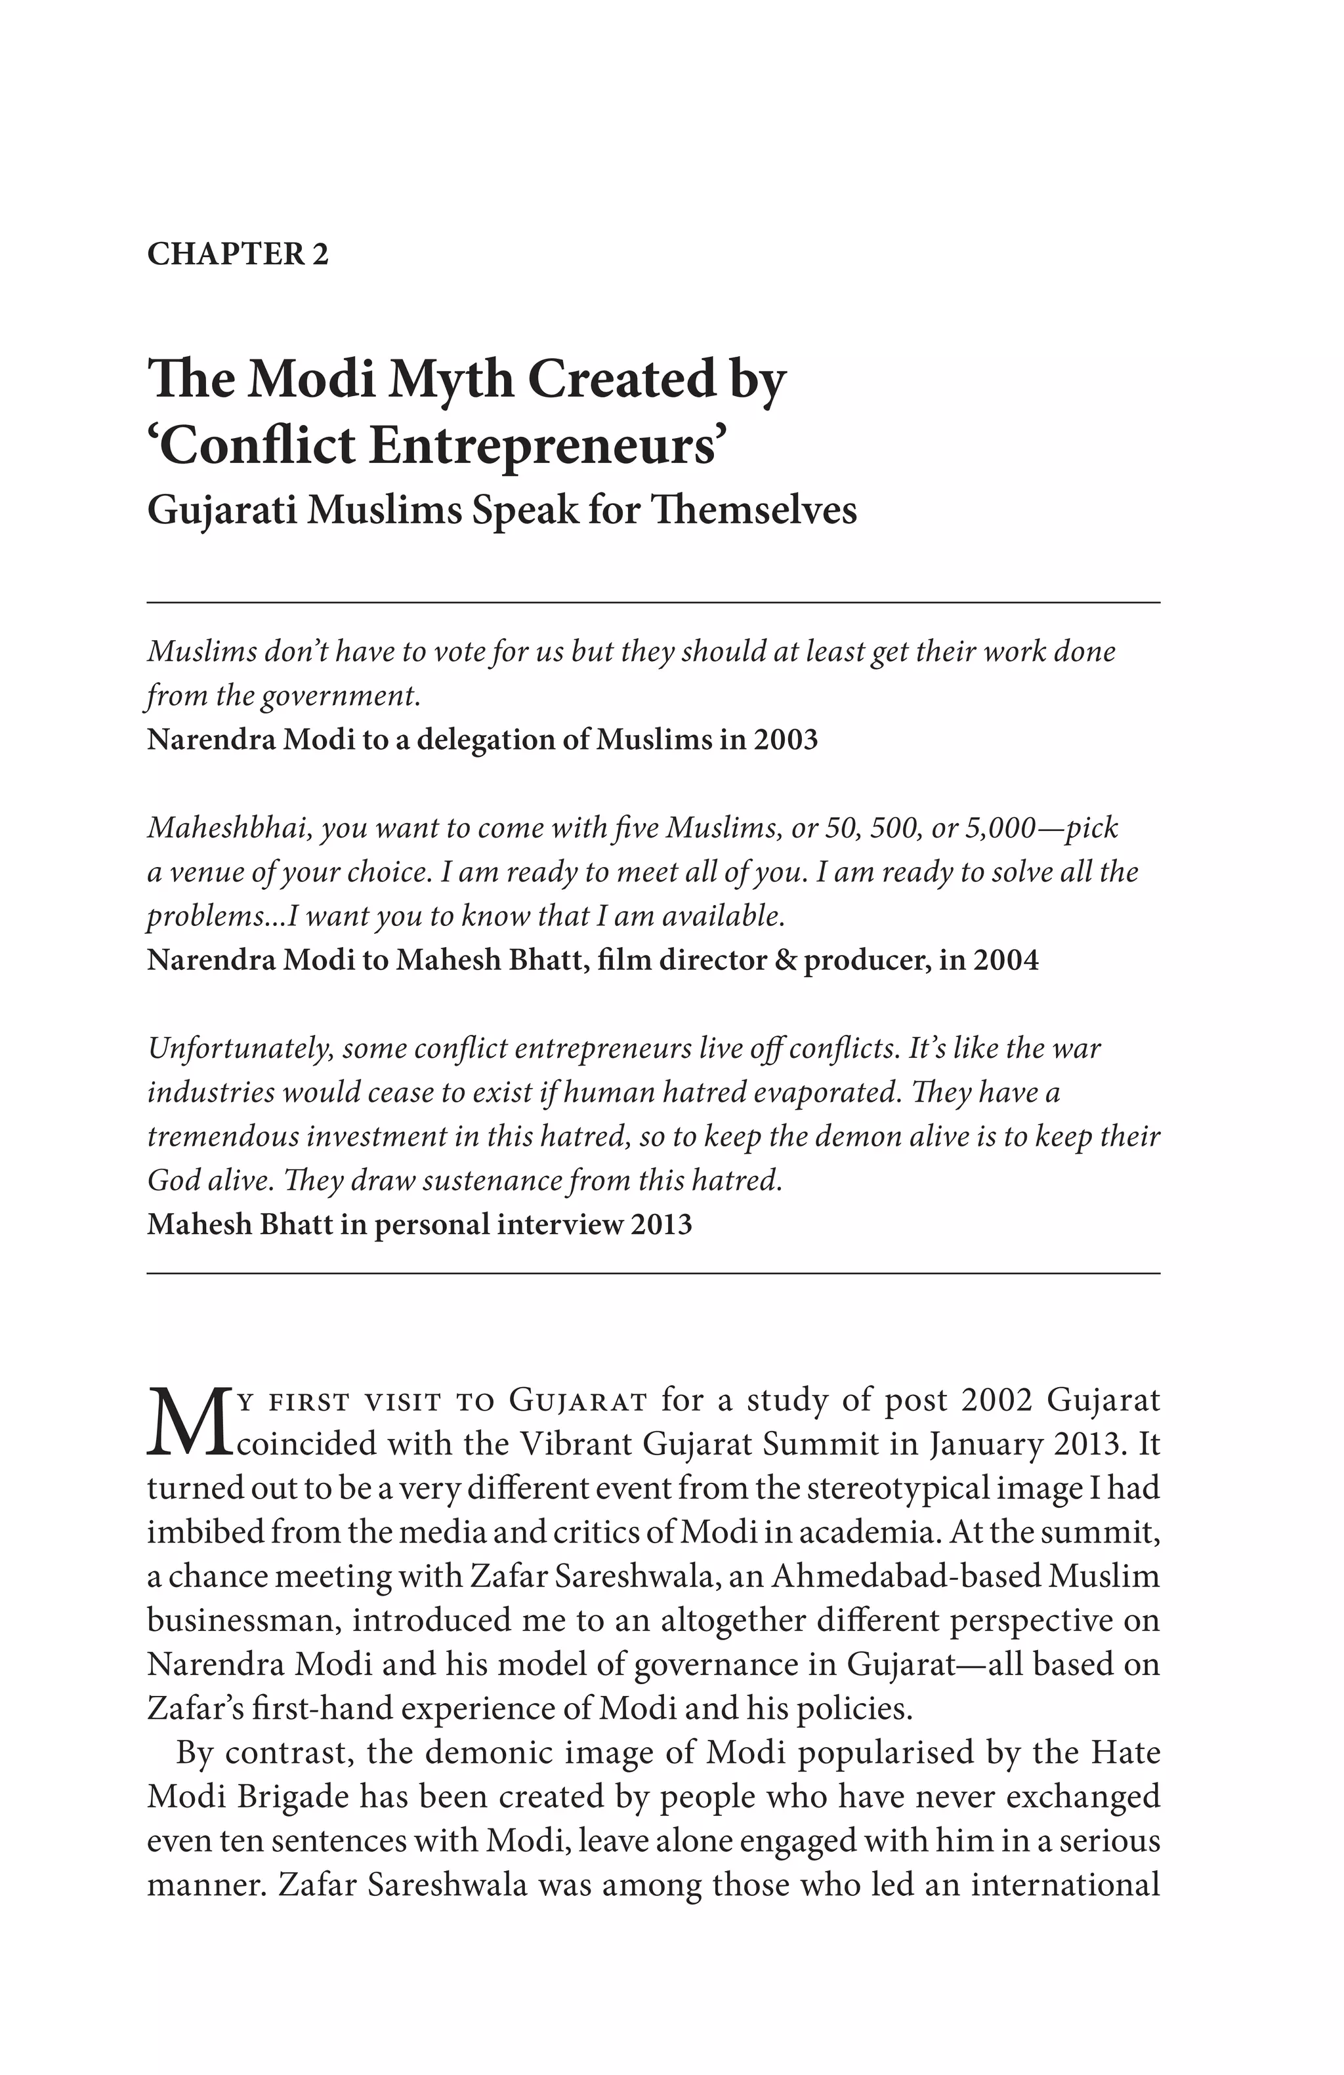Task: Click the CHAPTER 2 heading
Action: pyautogui.click(x=237, y=254)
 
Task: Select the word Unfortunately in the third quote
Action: pyautogui.click(x=239, y=1048)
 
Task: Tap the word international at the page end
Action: pyautogui.click(x=1065, y=1885)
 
